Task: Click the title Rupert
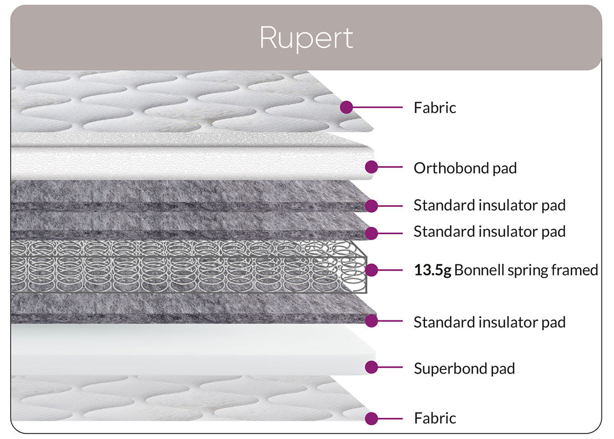tap(306, 38)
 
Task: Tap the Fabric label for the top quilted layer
tap(435, 108)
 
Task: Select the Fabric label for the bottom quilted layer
tap(435, 418)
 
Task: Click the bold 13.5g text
tap(433, 270)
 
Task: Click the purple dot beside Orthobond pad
tap(372, 166)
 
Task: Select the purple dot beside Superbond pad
tap(372, 367)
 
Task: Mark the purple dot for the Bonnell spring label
tap(372, 269)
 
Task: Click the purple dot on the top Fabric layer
tap(346, 107)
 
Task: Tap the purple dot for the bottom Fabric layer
tap(372, 418)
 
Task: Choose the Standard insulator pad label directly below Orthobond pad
tap(489, 205)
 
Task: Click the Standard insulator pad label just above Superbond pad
tap(489, 322)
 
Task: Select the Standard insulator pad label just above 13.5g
tap(489, 232)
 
